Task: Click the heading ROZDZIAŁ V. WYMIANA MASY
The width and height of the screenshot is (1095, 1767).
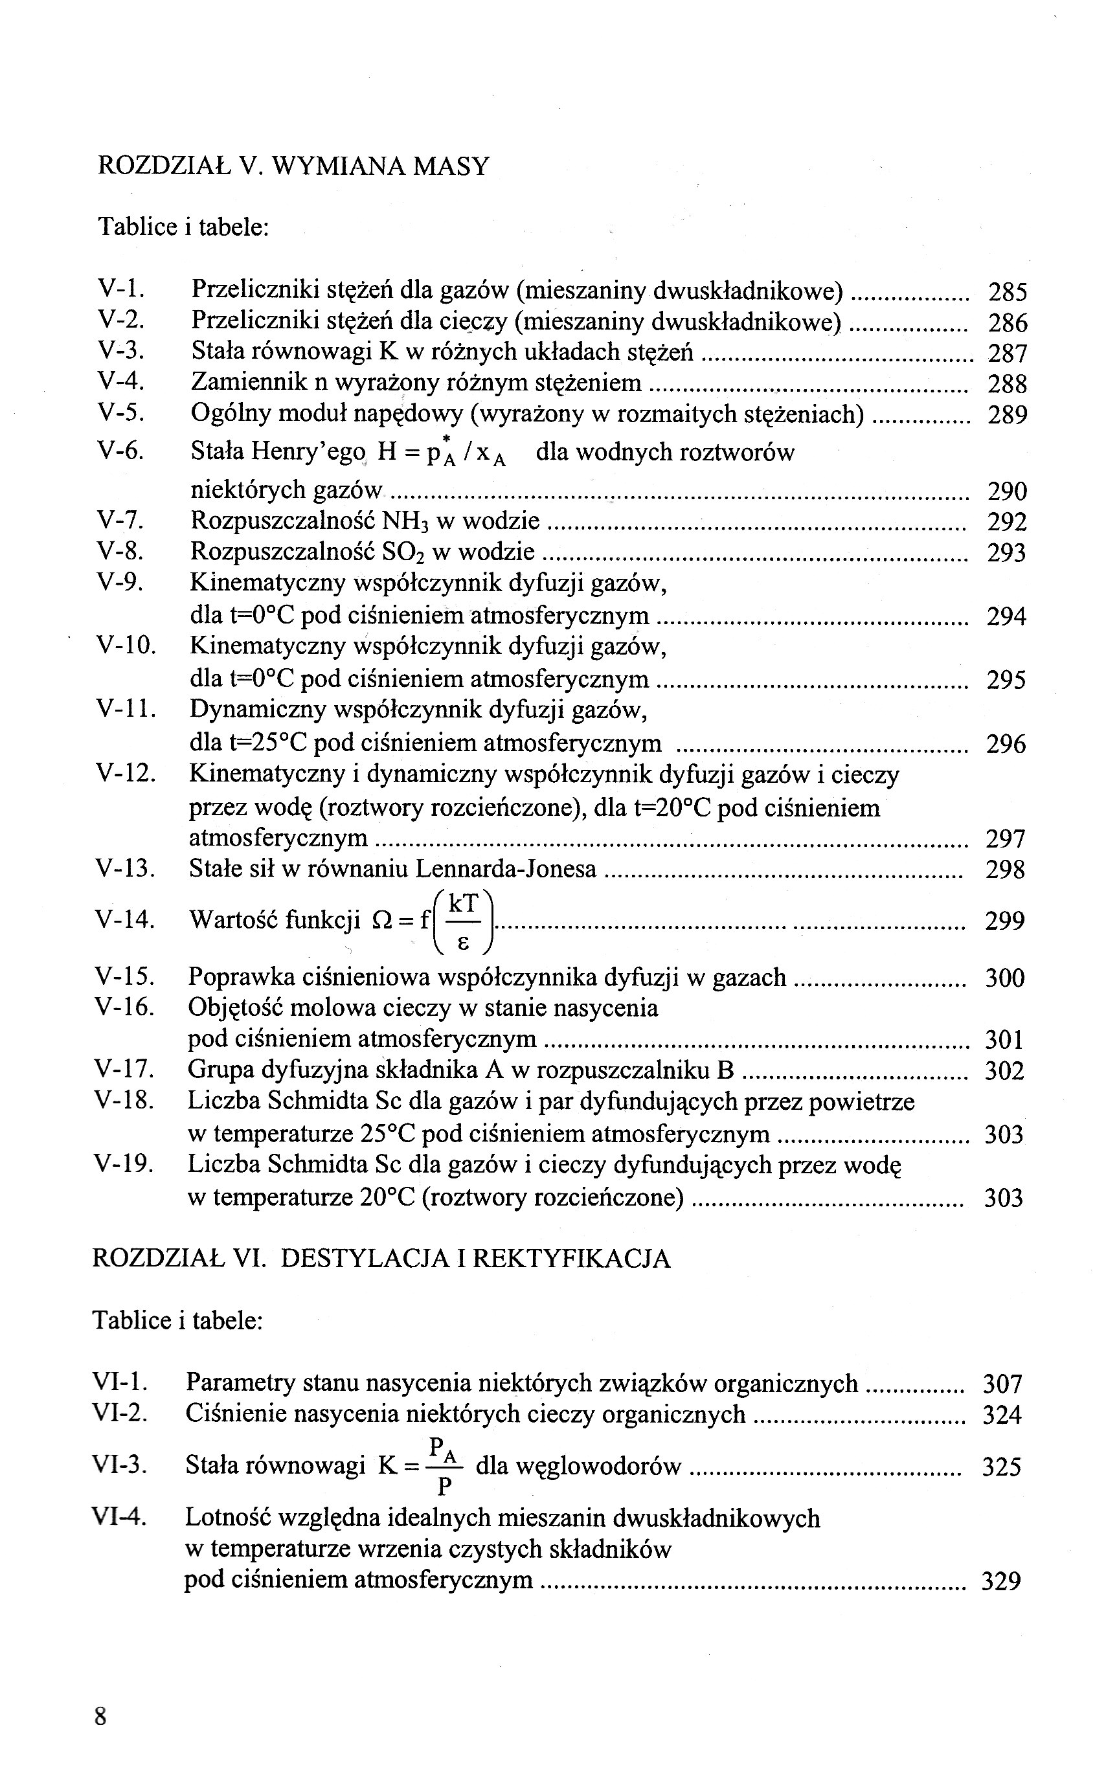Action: tap(293, 166)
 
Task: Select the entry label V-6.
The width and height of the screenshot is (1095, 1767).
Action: tap(121, 451)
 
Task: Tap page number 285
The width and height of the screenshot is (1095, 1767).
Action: tap(1008, 293)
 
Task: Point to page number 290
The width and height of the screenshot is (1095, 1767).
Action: tap(1008, 491)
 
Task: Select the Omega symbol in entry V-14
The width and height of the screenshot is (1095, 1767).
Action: tap(380, 921)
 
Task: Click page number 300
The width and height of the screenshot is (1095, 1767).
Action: tap(1005, 978)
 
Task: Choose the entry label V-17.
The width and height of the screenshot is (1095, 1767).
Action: tap(124, 1070)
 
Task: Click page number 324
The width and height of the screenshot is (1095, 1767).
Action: tap(1002, 1414)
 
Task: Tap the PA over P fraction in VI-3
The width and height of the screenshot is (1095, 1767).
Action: tap(444, 1467)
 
